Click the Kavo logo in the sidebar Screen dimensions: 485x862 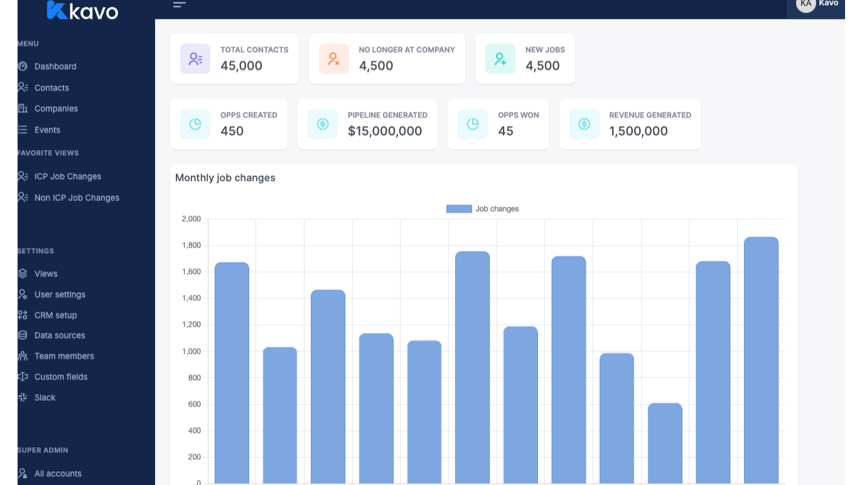[82, 10]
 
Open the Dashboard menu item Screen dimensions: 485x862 [55, 67]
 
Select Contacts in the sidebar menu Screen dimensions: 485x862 [51, 88]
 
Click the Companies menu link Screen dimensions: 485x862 [56, 109]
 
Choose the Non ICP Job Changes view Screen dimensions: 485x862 [77, 198]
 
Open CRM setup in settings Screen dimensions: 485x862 [55, 315]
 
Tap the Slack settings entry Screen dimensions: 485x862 [45, 398]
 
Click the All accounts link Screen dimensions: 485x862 [58, 474]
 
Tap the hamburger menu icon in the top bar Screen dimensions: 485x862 [180, 5]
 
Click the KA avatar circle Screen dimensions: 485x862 [805, 4]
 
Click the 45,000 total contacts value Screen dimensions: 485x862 [241, 66]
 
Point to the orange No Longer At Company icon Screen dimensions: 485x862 [333, 59]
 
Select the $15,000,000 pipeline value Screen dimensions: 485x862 [384, 131]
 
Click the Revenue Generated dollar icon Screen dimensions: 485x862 [584, 124]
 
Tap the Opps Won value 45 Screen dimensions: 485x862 [505, 131]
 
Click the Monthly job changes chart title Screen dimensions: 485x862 [225, 178]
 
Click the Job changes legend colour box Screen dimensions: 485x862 [459, 209]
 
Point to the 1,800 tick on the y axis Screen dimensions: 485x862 [191, 246]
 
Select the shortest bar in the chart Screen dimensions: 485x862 [665, 440]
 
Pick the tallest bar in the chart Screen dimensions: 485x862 [761, 358]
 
